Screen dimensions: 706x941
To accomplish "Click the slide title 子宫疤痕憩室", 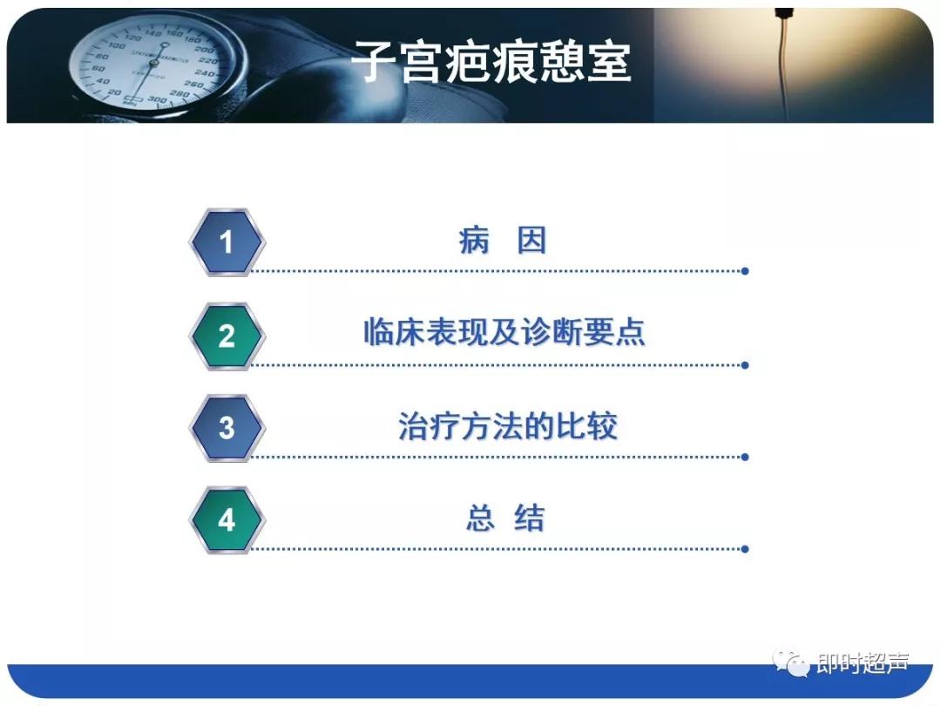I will click(491, 62).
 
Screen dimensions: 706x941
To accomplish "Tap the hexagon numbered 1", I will click(227, 241).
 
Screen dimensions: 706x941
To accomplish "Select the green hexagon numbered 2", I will click(227, 336).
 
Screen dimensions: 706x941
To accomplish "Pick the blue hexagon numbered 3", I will click(227, 427).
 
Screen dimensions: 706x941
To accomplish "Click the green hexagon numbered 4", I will click(227, 519).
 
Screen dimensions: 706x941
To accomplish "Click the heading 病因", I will click(503, 241).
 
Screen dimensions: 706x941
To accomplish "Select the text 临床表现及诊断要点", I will click(504, 334).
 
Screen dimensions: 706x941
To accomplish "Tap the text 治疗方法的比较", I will click(507, 426).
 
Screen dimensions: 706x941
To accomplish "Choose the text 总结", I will click(504, 519).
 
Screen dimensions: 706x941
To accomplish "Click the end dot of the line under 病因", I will click(744, 271).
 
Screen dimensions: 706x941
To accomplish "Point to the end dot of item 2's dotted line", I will click(744, 365).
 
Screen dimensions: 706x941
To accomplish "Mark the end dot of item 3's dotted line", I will click(744, 457).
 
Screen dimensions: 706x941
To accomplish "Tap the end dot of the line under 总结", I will click(744, 549).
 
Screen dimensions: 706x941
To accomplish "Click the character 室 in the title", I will click(609, 62).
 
